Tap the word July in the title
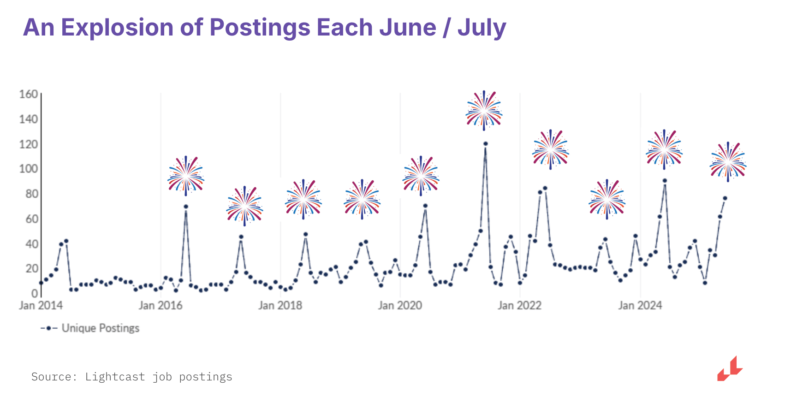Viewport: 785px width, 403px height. click(x=482, y=28)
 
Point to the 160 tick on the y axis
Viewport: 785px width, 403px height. click(x=29, y=95)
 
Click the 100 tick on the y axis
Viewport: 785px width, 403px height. click(x=29, y=169)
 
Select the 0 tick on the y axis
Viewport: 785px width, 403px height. click(x=35, y=293)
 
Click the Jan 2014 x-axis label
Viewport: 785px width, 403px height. click(x=41, y=305)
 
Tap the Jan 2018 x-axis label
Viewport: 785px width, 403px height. click(x=280, y=305)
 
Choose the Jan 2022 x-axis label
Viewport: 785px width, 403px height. click(x=519, y=305)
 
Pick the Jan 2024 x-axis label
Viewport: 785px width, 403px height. click(x=640, y=305)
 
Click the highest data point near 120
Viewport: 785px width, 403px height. click(x=485, y=144)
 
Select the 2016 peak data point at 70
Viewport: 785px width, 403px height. click(x=186, y=207)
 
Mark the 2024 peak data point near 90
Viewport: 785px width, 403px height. click(x=665, y=181)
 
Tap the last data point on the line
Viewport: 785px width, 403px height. click(x=725, y=198)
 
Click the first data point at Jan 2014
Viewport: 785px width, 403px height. click(x=41, y=283)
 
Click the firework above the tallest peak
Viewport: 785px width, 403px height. click(x=484, y=111)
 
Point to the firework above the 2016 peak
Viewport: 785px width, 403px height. click(x=186, y=176)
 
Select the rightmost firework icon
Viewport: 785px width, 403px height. click(x=728, y=162)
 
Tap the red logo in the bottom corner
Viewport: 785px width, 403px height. click(x=730, y=369)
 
